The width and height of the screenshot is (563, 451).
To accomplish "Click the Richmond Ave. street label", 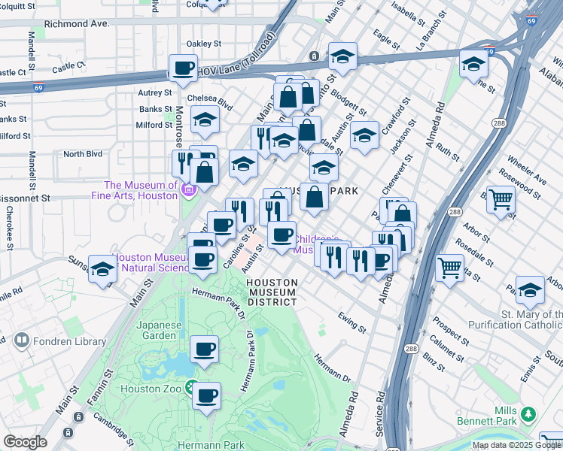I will click(x=78, y=24).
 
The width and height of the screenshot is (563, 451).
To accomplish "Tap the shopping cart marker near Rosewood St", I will click(x=501, y=200).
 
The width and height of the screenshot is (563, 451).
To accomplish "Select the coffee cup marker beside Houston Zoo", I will click(x=206, y=395).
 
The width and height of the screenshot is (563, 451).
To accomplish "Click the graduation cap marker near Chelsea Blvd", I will click(x=205, y=120).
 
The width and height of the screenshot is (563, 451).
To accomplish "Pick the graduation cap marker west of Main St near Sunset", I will click(x=102, y=269).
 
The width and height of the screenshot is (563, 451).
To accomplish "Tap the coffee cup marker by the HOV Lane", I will click(x=183, y=68).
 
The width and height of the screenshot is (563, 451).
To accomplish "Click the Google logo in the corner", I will click(x=25, y=442).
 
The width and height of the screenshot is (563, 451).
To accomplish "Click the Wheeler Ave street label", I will click(x=528, y=171).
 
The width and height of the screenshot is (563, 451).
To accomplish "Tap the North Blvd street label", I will click(x=82, y=154).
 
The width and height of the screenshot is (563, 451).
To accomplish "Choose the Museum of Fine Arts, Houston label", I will click(x=141, y=191).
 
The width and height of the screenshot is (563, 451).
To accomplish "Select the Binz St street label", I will click(x=434, y=365).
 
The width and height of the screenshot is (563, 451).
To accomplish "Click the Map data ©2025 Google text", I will click(x=516, y=445).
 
